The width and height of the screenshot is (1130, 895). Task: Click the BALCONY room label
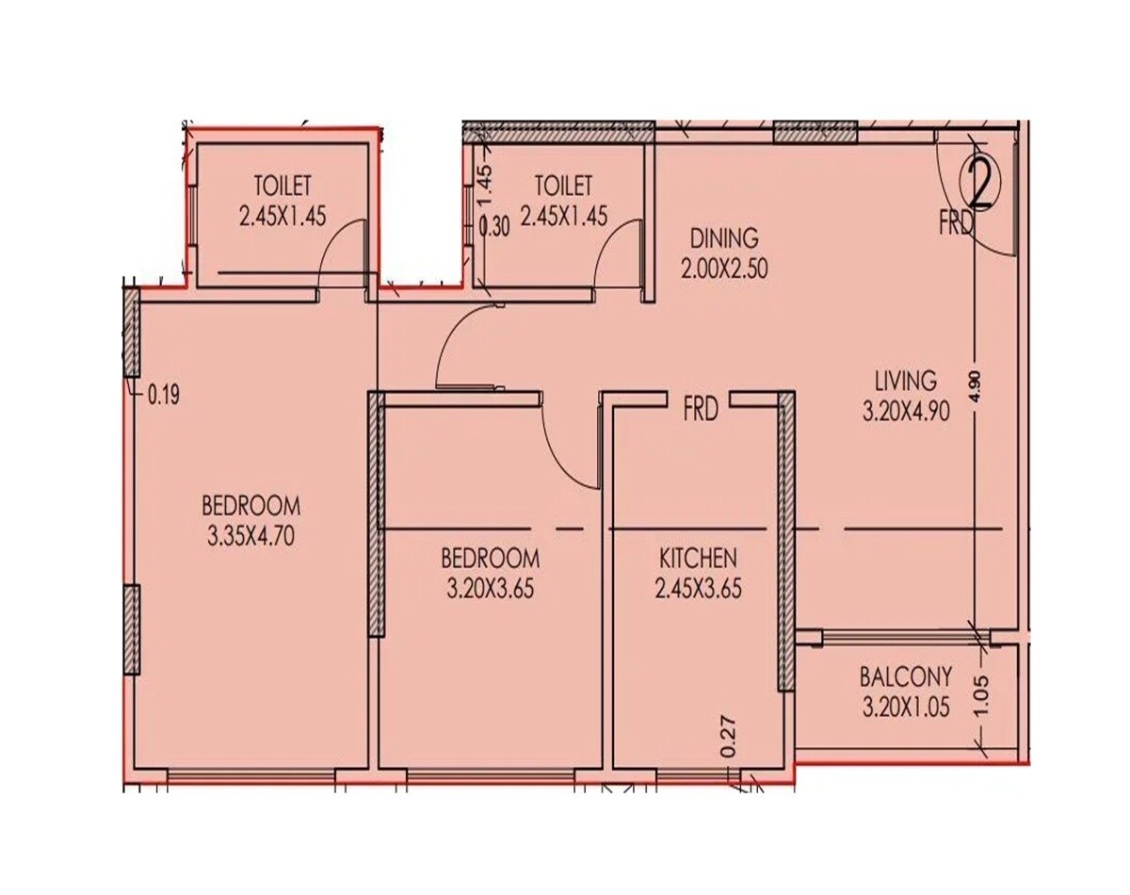click(x=905, y=677)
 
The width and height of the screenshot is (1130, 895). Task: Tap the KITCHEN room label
click(x=698, y=559)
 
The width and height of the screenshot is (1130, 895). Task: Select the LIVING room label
click(x=905, y=381)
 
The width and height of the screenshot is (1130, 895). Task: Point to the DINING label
click(x=723, y=236)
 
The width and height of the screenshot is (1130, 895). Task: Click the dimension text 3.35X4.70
click(x=252, y=537)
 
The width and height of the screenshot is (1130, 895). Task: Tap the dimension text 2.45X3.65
click(x=698, y=590)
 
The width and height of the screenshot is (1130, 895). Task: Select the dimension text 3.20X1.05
click(x=905, y=708)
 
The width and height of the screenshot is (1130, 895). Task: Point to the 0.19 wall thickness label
click(x=163, y=396)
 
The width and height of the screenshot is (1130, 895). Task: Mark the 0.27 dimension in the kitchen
click(x=727, y=738)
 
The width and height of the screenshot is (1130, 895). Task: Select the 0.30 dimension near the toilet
click(x=494, y=227)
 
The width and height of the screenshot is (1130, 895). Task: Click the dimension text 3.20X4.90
click(x=905, y=412)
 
